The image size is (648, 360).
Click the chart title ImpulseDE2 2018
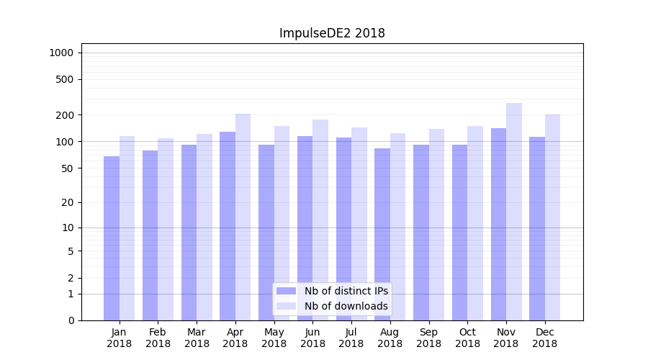point(332,33)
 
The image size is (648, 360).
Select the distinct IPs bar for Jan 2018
point(112,238)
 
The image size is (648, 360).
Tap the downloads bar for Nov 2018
point(514,212)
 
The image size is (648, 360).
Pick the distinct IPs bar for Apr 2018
point(228,226)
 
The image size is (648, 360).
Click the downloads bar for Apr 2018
point(243,217)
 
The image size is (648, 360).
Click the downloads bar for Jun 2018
point(320,220)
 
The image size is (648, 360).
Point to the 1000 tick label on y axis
point(60,53)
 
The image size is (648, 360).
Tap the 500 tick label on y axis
point(65,79)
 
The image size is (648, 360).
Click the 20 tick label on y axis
point(68,202)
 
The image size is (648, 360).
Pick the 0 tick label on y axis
point(71,320)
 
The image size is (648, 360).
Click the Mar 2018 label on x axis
point(197,338)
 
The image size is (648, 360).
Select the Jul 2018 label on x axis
point(351,338)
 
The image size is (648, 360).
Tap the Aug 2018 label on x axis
point(390,338)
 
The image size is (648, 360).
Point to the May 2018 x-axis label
point(274,338)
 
